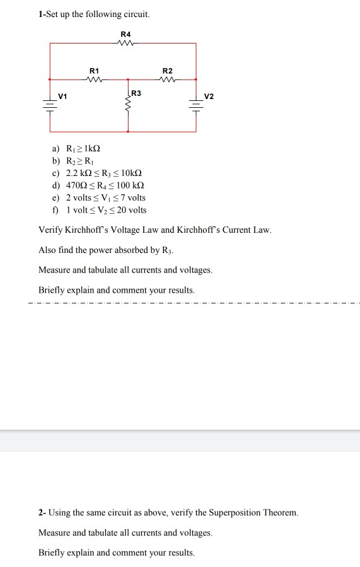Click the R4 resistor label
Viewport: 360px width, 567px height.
[x=126, y=34]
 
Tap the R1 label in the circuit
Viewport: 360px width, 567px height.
[x=95, y=71]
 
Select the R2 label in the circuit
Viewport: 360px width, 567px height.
[x=167, y=71]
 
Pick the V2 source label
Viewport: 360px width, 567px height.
[x=209, y=96]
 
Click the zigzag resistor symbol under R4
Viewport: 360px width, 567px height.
[x=126, y=43]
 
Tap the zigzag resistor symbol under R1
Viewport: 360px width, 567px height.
[x=95, y=79]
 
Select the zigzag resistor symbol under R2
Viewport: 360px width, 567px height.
[x=167, y=79]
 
